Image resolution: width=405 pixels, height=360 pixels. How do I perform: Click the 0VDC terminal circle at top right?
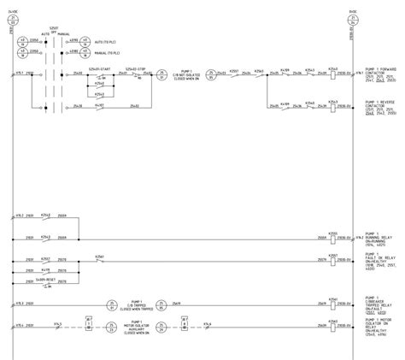click(353, 18)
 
